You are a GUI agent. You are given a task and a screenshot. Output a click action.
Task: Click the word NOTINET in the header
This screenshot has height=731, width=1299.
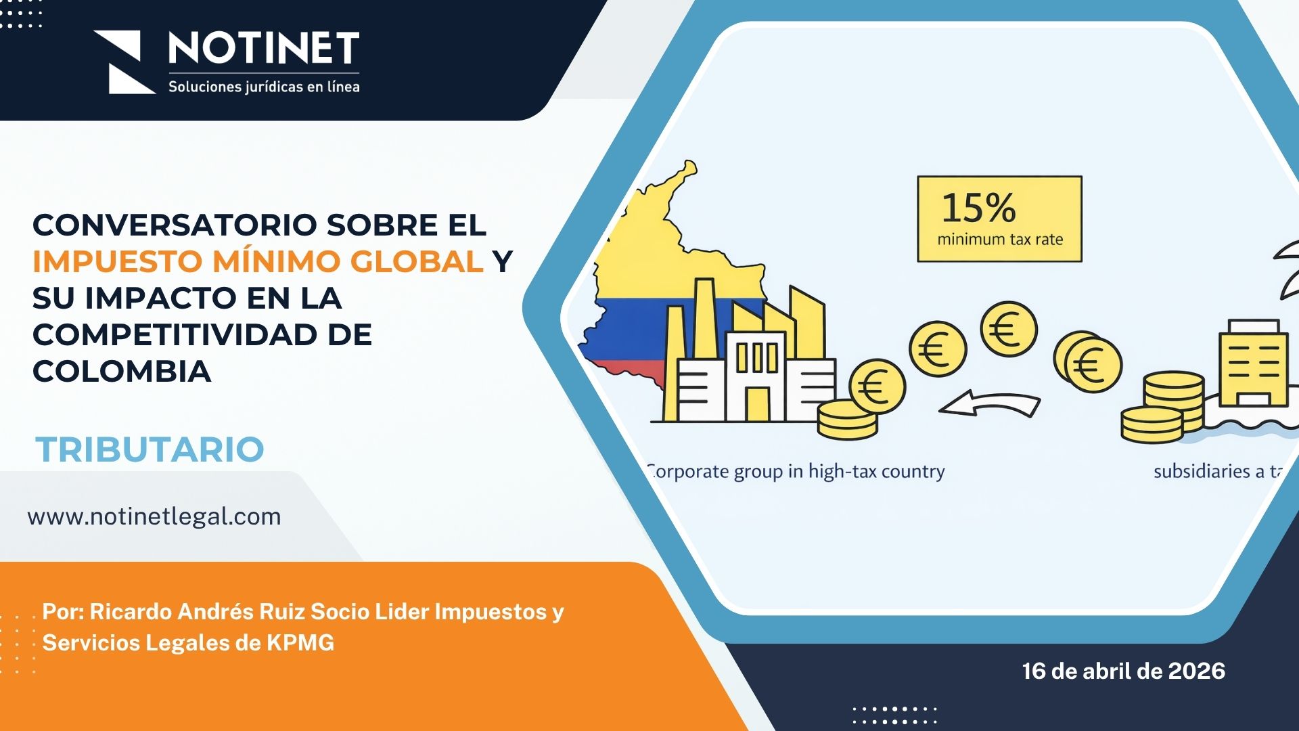tap(263, 48)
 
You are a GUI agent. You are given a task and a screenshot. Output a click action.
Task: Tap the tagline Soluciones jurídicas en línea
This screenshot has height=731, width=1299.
tap(264, 87)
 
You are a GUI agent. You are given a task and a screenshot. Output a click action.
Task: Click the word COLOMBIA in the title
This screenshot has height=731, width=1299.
tap(122, 371)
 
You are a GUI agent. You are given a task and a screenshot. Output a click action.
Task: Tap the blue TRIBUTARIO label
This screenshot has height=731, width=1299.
tap(150, 449)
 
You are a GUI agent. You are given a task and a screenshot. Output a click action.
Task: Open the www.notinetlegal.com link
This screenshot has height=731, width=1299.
tap(154, 516)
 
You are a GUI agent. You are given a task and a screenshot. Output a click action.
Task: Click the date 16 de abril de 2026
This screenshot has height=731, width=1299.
tap(1123, 671)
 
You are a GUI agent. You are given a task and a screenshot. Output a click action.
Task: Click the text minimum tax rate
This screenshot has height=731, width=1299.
tap(999, 239)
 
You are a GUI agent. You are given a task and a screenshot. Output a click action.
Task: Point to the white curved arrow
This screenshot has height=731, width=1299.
tap(989, 404)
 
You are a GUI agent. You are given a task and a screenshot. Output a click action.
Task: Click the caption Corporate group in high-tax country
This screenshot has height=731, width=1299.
tap(796, 471)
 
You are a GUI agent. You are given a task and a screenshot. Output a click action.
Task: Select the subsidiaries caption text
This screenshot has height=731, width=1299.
tap(1218, 471)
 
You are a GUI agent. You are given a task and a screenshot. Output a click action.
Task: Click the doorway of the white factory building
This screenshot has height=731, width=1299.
tap(757, 403)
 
